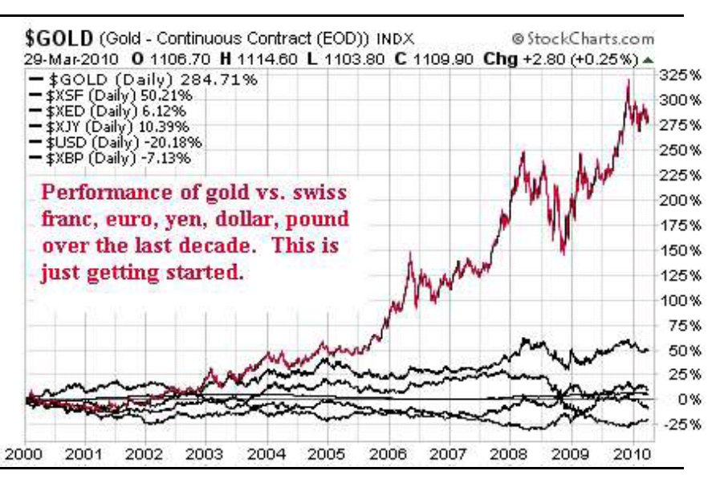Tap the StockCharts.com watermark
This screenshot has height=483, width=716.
(582, 39)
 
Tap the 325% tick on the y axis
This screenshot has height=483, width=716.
(677, 75)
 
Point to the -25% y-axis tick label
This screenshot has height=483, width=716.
(678, 424)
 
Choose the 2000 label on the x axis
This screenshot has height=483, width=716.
(26, 454)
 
